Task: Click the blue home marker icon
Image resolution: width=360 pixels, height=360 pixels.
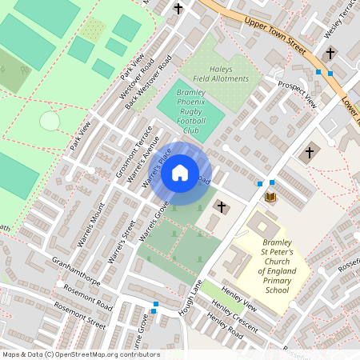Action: pyautogui.click(x=180, y=172)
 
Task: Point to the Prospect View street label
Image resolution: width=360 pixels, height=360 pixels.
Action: pyautogui.click(x=297, y=92)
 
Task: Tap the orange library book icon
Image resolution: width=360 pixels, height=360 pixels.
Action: pyautogui.click(x=270, y=197)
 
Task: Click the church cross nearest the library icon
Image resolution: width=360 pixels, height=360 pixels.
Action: pyautogui.click(x=309, y=152)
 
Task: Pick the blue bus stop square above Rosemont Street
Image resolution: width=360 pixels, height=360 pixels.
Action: pyautogui.click(x=154, y=304)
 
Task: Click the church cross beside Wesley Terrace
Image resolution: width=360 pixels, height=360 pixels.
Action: pyautogui.click(x=330, y=53)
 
